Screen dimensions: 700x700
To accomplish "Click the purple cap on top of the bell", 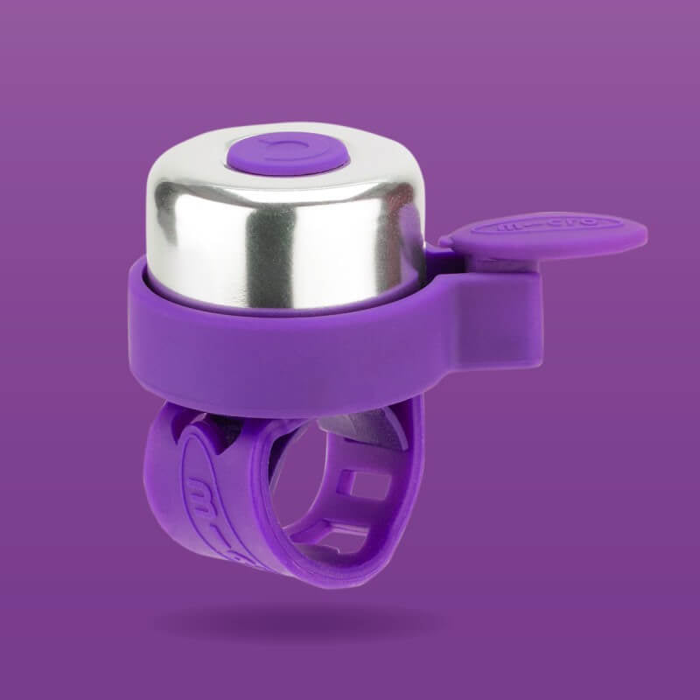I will tap(287, 155).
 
